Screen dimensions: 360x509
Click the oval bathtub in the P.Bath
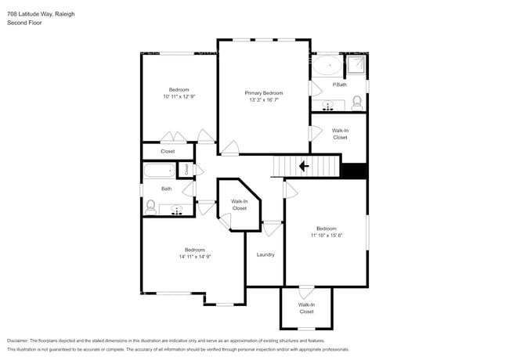[327, 66]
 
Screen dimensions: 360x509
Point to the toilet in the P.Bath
[357, 102]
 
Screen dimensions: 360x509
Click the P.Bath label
[340, 84]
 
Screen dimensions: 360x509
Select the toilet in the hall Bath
[150, 207]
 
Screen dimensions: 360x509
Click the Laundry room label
[265, 254]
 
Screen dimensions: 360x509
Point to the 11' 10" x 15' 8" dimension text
[326, 235]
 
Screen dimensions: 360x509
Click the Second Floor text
[24, 23]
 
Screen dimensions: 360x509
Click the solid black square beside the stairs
[355, 171]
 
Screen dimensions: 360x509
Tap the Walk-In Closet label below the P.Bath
[340, 134]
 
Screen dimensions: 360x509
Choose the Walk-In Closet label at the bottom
[306, 308]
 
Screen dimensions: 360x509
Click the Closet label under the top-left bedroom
[168, 151]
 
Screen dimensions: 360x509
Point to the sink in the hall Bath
[177, 209]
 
